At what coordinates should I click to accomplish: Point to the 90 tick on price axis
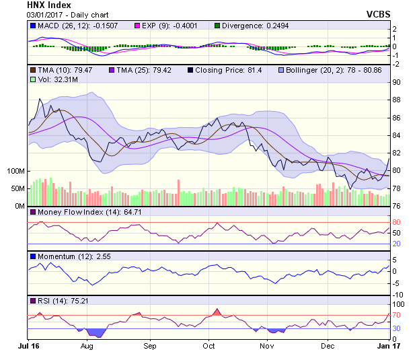[x=397, y=82]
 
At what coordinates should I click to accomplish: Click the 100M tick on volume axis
[x=15, y=171]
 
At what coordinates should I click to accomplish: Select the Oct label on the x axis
[x=209, y=346]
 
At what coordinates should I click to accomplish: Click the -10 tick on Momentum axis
[x=398, y=295]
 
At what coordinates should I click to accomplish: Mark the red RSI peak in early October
[x=217, y=312]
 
